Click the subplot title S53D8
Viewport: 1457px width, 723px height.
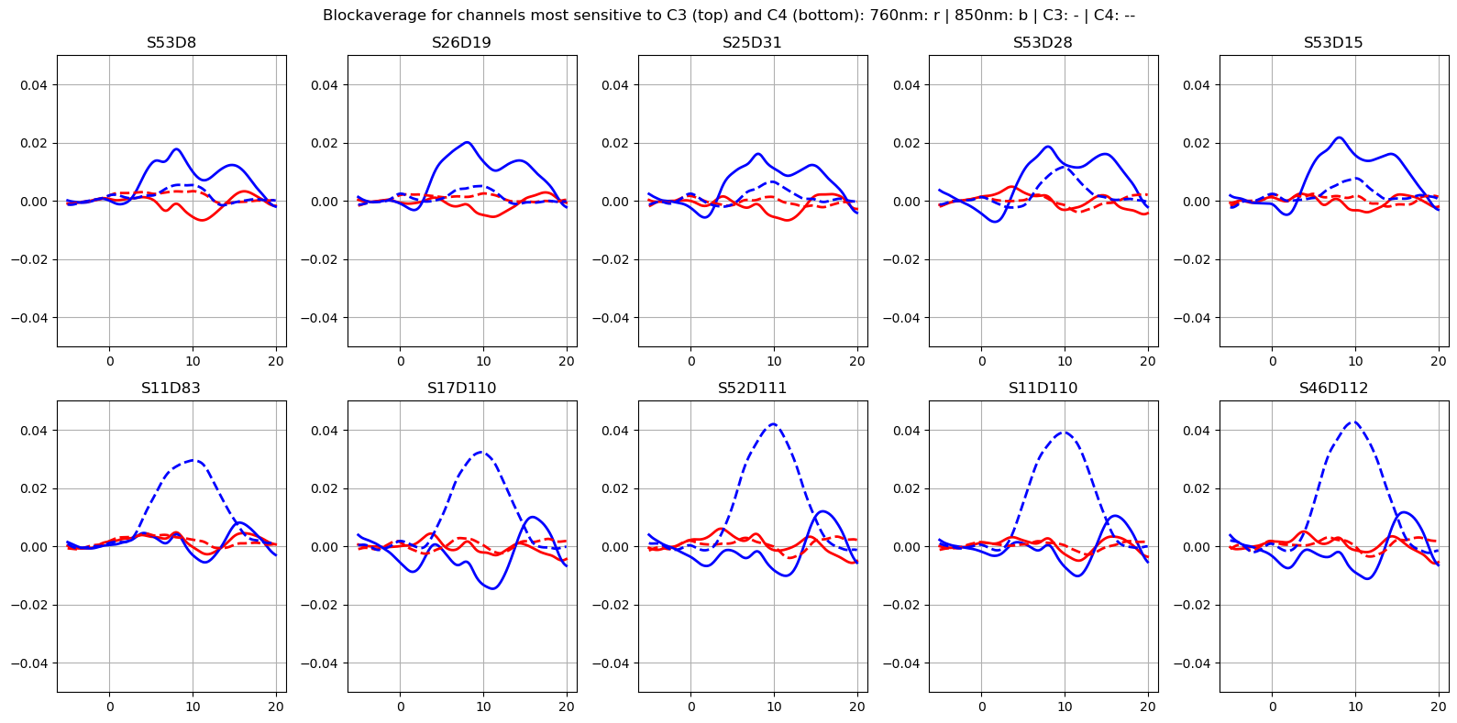pyautogui.click(x=171, y=43)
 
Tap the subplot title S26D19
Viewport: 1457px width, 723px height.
pyautogui.click(x=461, y=43)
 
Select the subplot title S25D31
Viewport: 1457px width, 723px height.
pyautogui.click(x=752, y=43)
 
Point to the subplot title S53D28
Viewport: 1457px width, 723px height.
pyautogui.click(x=1043, y=43)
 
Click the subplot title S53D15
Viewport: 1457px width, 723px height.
pyautogui.click(x=1333, y=43)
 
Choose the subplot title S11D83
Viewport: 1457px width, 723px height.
pyautogui.click(x=171, y=389)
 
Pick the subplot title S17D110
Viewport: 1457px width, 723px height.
pyautogui.click(x=461, y=389)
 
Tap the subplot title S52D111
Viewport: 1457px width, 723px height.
pyautogui.click(x=752, y=389)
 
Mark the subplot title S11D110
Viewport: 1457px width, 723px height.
pyautogui.click(x=1043, y=389)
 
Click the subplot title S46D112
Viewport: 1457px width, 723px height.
pyautogui.click(x=1333, y=389)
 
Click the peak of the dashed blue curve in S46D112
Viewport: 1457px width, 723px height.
pyautogui.click(x=1354, y=422)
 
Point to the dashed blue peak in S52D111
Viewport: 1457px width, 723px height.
pyautogui.click(x=773, y=424)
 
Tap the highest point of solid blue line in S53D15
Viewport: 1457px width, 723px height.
pyautogui.click(x=1340, y=137)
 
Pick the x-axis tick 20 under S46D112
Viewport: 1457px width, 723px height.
pyautogui.click(x=1438, y=707)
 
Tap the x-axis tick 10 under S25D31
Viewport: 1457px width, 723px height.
pyautogui.click(x=774, y=361)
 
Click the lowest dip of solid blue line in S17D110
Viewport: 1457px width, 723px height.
pyautogui.click(x=492, y=588)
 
